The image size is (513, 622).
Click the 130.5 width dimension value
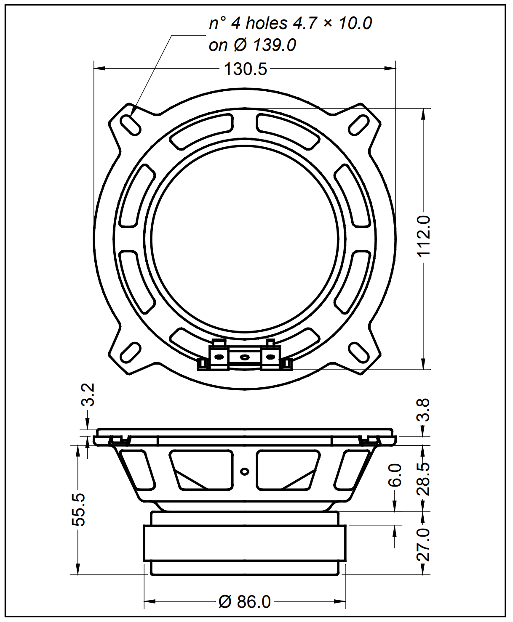(245, 69)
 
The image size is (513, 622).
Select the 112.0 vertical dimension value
(423, 236)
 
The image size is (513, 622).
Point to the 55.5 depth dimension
(78, 510)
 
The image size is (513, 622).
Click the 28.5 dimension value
(423, 479)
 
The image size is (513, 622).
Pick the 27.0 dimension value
(423, 545)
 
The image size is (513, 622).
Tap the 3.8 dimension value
(423, 410)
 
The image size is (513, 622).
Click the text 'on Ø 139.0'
(252, 45)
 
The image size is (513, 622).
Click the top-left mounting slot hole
(131, 125)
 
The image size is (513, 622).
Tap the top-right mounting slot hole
(359, 125)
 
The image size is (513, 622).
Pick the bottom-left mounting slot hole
(131, 353)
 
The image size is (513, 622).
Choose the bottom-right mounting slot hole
(359, 353)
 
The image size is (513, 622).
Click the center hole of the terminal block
(245, 357)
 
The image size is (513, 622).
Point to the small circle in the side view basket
(245, 471)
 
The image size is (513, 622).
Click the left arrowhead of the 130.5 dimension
(100, 69)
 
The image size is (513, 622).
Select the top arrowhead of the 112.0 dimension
(423, 114)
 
